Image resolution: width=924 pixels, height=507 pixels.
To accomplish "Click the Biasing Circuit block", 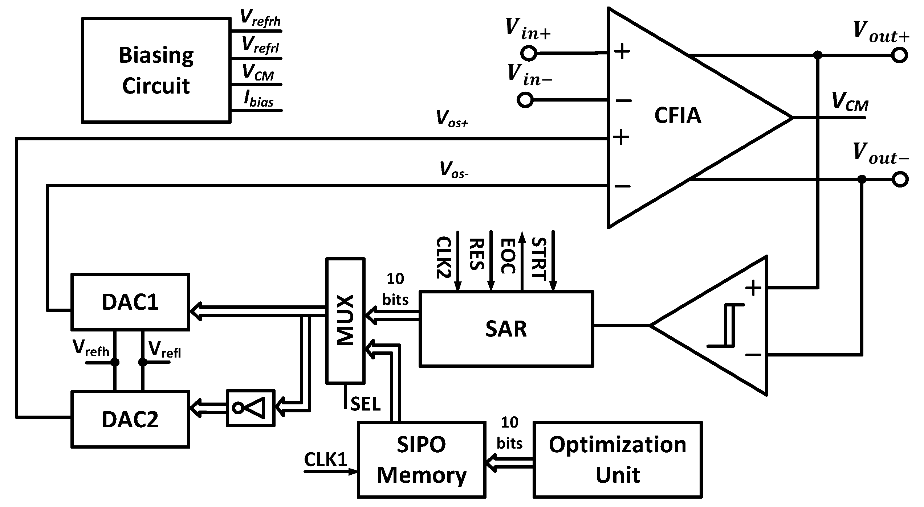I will point(156,70).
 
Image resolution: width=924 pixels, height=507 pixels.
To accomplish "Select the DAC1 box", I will point(130,302).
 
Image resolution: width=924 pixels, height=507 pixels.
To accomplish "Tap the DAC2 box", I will point(130,419).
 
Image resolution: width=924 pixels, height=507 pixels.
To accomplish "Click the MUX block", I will point(345,321).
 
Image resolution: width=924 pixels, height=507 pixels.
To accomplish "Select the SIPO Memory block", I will point(421,459).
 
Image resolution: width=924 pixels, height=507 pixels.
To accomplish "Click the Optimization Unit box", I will point(617,459).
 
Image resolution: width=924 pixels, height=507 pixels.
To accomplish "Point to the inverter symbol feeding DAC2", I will point(251,408).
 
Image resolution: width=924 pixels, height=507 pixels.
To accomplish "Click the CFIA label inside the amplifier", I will point(677,115).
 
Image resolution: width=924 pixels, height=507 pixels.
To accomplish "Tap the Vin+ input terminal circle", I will point(528,53).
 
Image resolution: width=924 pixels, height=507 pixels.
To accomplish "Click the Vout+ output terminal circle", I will point(900,55).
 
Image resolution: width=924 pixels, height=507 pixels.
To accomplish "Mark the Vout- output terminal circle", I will point(900,180).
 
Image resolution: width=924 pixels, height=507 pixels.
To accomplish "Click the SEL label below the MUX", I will point(365,404).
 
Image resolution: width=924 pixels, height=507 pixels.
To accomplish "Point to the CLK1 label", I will point(326,459).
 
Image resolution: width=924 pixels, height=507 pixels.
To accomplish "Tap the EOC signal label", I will point(508,256).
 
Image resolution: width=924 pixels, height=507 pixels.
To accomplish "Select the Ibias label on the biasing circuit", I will point(259,99).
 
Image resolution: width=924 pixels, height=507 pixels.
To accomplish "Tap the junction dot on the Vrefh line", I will point(115,362).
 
